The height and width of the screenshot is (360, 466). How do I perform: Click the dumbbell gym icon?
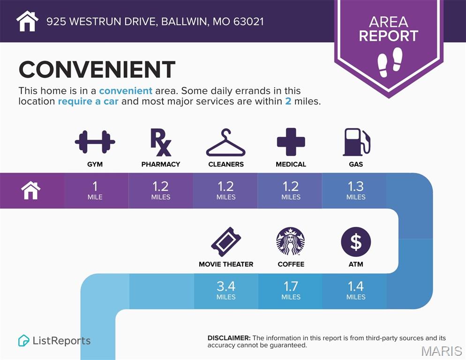pos(95,142)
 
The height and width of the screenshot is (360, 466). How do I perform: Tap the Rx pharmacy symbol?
pos(160,142)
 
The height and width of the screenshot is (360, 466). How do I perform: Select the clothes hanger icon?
pos(226,142)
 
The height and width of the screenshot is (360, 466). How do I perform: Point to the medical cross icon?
pos(291,142)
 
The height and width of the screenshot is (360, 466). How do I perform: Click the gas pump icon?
pos(357,142)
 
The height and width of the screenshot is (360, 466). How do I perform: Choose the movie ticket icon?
pos(226,242)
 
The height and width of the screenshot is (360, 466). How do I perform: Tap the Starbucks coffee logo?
pos(291,241)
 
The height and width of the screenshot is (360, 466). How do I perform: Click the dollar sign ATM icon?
pos(356,242)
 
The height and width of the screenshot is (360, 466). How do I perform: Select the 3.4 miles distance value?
pos(226,290)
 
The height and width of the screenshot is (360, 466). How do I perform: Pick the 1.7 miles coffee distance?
pos(291,290)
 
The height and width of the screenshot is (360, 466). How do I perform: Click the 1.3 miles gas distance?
pos(356,190)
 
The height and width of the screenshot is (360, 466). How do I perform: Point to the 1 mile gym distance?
pos(95,190)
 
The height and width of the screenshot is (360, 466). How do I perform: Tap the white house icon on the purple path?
pos(30,190)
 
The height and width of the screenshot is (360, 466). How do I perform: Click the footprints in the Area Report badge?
pos(390,62)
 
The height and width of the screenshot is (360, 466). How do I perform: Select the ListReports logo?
pos(54,340)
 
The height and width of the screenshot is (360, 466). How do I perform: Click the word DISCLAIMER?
pos(229,338)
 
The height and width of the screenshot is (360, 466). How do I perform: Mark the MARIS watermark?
pos(441,351)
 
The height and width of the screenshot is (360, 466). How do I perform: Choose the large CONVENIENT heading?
pos(97,69)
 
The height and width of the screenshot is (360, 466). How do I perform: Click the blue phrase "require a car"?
pos(88,101)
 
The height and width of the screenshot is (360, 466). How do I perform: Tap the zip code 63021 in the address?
pos(248,22)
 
